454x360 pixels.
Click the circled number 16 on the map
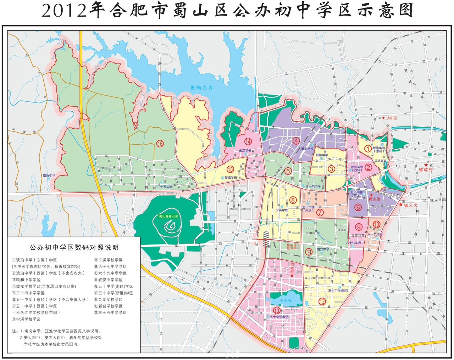(x=160, y=144)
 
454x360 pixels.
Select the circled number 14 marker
(x=248, y=142)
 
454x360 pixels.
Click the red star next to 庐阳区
(x=383, y=118)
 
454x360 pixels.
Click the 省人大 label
(x=411, y=205)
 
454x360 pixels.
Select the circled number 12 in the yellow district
(x=322, y=301)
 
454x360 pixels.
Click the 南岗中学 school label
(x=49, y=175)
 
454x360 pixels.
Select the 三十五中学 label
(x=165, y=187)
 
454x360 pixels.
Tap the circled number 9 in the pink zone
(x=359, y=227)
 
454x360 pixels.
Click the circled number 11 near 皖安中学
(x=309, y=252)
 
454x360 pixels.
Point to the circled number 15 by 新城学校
(x=231, y=169)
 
